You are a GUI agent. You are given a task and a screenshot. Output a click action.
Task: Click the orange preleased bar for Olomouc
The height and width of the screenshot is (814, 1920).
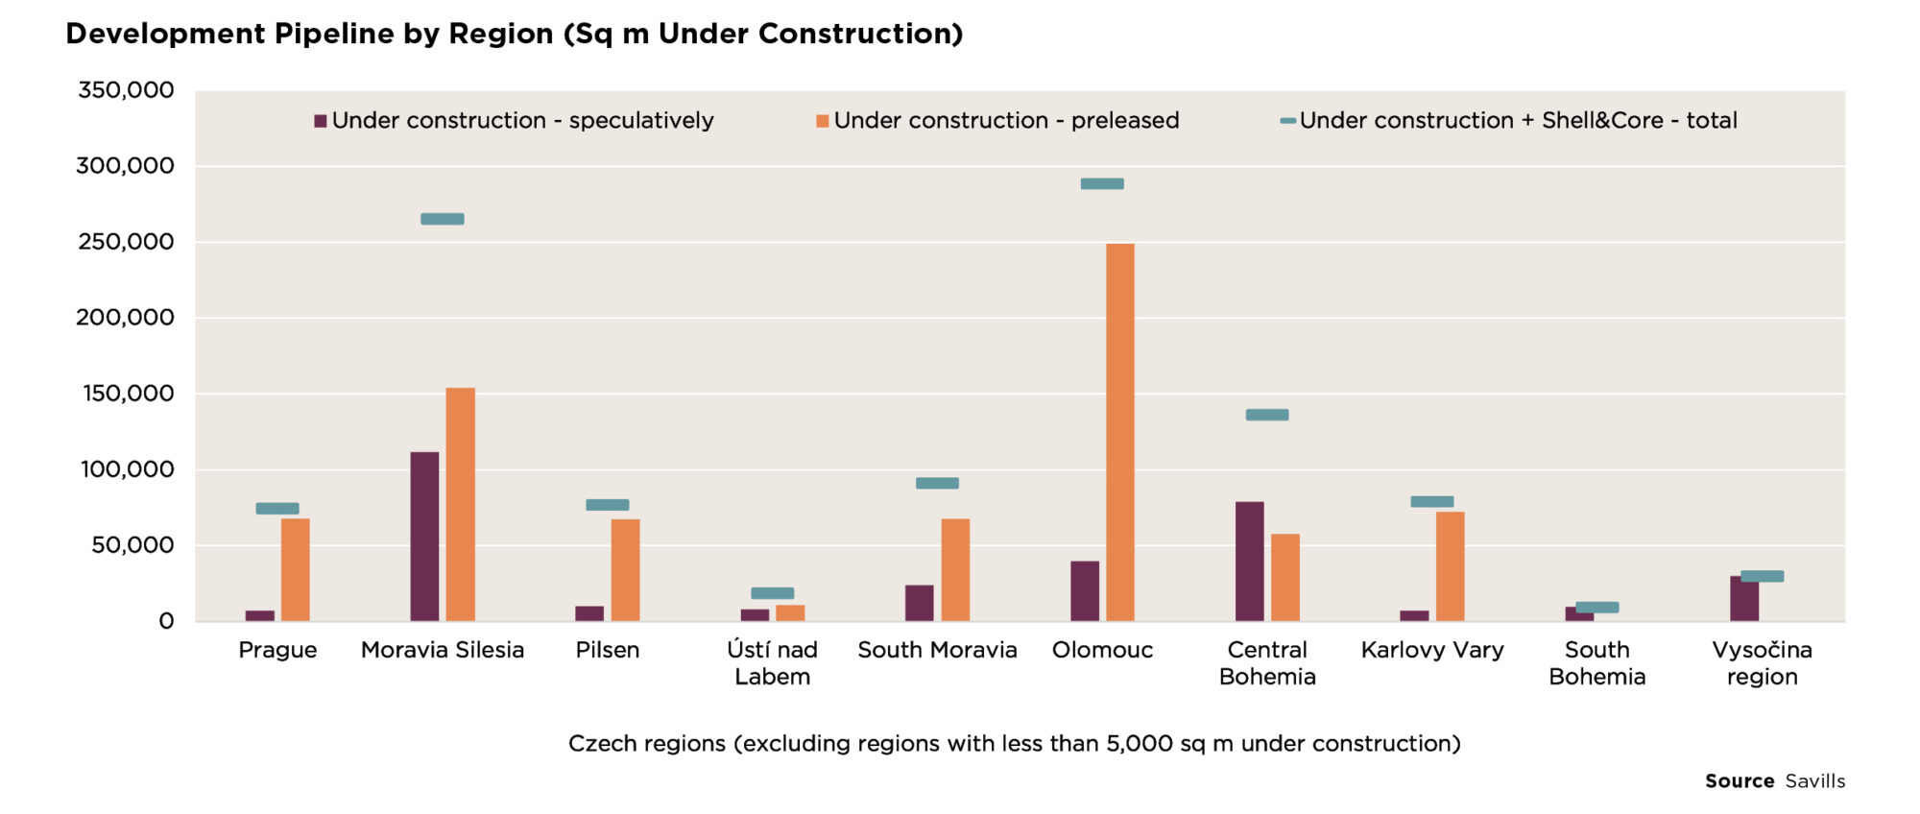click(x=1119, y=432)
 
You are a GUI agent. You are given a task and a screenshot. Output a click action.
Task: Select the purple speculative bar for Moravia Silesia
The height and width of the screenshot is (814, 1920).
click(x=424, y=537)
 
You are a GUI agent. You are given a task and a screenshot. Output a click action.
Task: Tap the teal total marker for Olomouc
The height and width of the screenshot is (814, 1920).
click(x=1102, y=183)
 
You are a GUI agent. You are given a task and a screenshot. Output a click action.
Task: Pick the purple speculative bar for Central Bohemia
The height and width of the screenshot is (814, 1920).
click(x=1249, y=562)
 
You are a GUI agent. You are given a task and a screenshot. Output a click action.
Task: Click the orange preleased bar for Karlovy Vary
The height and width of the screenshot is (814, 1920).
click(x=1450, y=566)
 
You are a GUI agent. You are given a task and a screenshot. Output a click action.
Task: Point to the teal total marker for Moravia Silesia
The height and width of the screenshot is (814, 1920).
click(x=443, y=219)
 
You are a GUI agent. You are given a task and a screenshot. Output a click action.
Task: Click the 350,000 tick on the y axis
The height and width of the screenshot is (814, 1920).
click(x=126, y=90)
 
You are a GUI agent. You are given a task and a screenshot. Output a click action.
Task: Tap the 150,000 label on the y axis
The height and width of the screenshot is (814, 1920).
click(x=129, y=394)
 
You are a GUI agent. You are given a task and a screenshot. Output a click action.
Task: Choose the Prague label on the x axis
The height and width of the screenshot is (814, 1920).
click(x=277, y=650)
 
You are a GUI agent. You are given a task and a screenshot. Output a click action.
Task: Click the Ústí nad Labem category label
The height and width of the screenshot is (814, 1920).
click(x=772, y=663)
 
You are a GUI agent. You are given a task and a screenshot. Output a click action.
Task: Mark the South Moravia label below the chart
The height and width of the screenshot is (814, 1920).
click(x=937, y=650)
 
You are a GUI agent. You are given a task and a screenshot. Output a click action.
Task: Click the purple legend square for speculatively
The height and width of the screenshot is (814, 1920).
click(x=321, y=121)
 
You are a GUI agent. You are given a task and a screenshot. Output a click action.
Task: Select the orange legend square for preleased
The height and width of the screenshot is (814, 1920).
click(x=822, y=121)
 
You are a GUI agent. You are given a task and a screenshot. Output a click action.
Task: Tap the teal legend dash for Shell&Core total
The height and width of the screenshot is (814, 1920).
click(x=1288, y=121)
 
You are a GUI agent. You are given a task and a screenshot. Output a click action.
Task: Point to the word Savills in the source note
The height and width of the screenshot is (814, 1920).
click(x=1814, y=781)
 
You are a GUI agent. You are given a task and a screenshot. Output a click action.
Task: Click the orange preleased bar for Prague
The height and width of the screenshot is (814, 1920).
click(x=295, y=570)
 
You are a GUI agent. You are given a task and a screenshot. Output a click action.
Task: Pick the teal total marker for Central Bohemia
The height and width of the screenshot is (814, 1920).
click(x=1267, y=415)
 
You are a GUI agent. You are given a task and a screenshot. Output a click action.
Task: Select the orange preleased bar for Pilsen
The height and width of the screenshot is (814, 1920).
click(x=625, y=570)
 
